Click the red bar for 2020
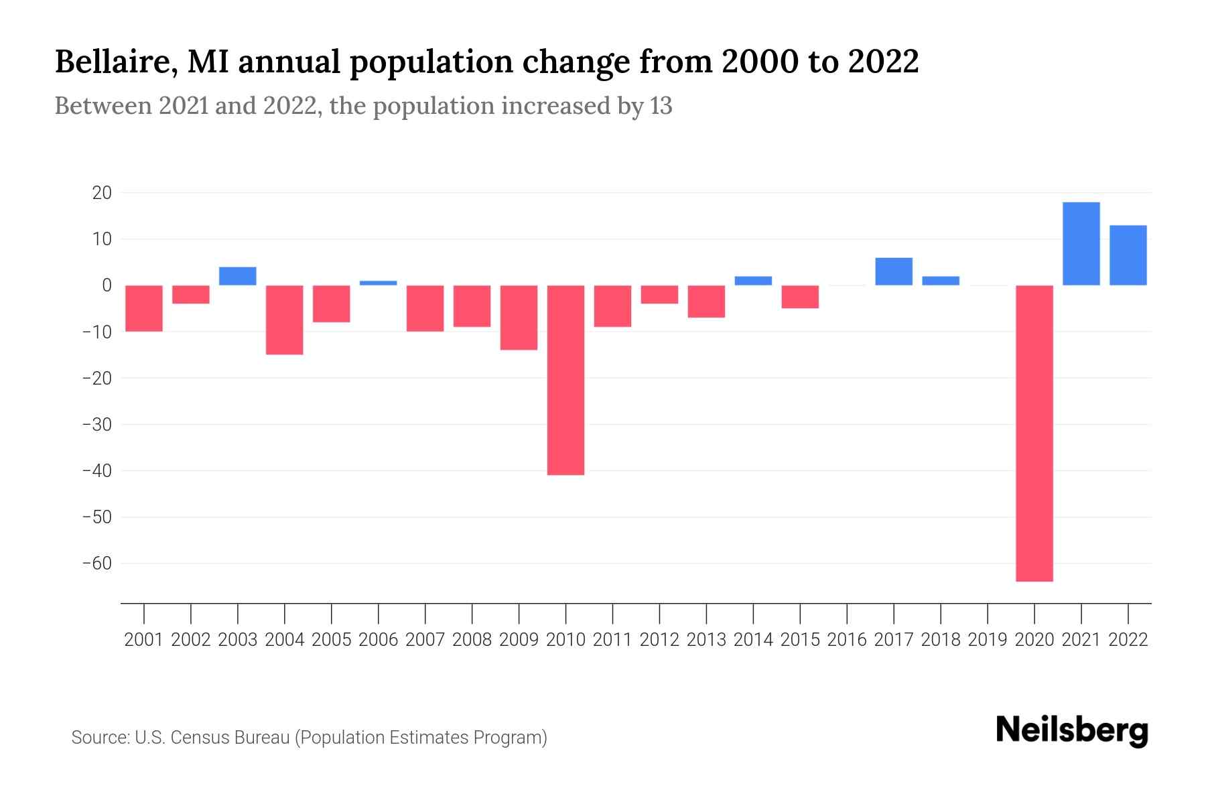1034,433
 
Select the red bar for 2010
565,380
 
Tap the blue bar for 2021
1081,244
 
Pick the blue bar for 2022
1128,255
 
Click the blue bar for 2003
238,276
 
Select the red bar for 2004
285,320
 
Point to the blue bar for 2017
894,271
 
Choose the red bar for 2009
519,318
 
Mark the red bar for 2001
144,308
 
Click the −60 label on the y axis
96,563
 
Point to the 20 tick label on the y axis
102,193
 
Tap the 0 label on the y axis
107,285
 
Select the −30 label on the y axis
96,425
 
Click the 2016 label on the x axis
847,640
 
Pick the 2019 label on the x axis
988,640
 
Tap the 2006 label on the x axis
379,640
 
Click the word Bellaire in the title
114,62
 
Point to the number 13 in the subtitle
661,107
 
